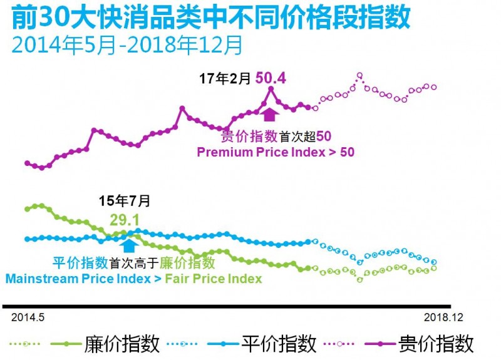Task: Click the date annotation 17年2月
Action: pos(225,79)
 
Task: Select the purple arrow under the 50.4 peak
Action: pos(270,114)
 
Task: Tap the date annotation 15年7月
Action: pos(125,201)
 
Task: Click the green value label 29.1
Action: pos(124,219)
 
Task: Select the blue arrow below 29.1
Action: pos(129,245)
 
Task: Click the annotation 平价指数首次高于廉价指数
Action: pos(133,263)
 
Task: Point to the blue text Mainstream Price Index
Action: pos(78,279)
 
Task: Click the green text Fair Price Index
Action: pos(214,279)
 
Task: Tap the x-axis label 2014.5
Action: pos(26,317)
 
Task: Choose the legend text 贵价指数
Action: pos(436,343)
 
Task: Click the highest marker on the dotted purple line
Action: pos(359,75)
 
